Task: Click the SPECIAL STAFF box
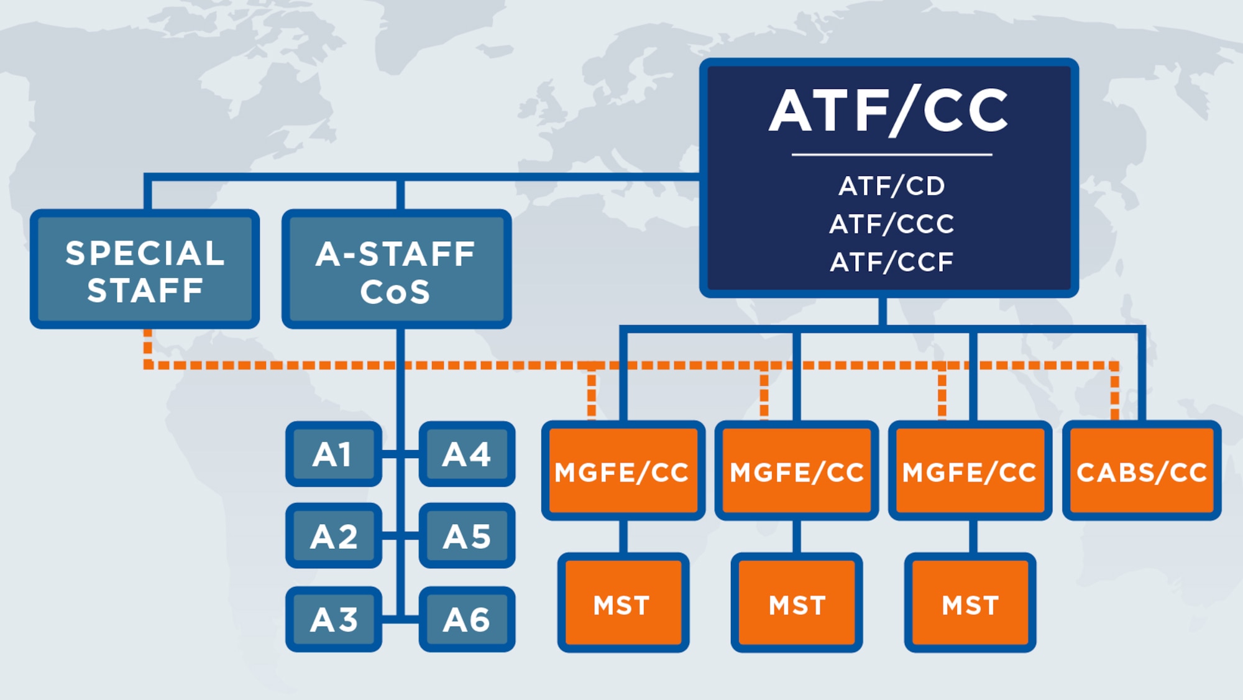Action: pos(145,269)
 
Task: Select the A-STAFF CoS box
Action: pos(397,269)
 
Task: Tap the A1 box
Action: pos(334,454)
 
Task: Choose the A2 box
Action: pos(334,536)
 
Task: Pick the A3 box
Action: pos(334,619)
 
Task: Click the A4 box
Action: pos(467,454)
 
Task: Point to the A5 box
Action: pos(467,536)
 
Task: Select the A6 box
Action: pos(467,619)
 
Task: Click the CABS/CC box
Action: pos(1142,471)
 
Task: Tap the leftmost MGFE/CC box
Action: pos(623,471)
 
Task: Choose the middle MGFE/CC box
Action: pos(797,471)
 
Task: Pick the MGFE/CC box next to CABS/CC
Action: pos(970,471)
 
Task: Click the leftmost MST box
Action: pos(623,603)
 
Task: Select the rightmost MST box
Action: pos(970,603)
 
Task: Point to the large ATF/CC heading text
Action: pos(889,111)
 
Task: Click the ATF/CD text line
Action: pos(891,186)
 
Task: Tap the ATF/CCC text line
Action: pos(891,224)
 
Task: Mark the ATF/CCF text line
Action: pos(891,262)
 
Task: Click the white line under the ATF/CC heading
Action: pos(891,154)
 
